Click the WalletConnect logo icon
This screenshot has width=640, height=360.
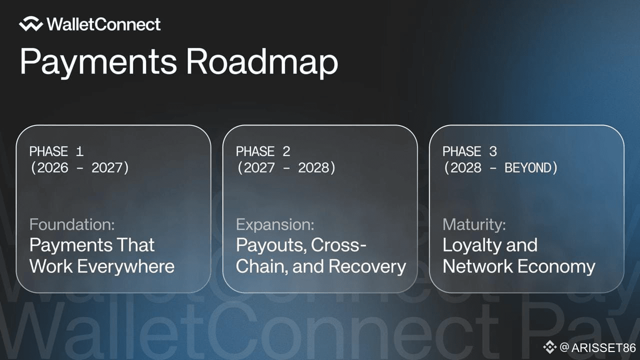(x=31, y=24)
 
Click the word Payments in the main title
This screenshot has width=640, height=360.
(x=98, y=62)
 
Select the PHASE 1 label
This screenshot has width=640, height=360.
(x=56, y=151)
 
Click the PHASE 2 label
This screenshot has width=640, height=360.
(x=263, y=151)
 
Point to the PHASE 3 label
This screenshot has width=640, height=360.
(x=469, y=151)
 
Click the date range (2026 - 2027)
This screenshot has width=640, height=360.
(x=79, y=167)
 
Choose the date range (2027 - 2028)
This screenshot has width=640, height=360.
(x=286, y=167)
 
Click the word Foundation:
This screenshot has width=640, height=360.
(x=72, y=224)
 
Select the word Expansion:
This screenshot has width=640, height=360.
(x=275, y=224)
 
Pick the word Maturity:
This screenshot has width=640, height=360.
(x=474, y=224)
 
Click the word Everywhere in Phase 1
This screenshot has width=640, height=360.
(x=125, y=267)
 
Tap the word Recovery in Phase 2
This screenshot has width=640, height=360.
(x=367, y=267)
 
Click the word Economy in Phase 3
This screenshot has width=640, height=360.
(x=556, y=267)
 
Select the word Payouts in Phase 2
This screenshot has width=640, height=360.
(x=271, y=245)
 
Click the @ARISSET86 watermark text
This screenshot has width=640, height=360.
(x=597, y=347)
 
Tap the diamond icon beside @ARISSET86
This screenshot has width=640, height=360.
(x=549, y=347)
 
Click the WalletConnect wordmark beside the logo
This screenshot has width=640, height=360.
(x=103, y=24)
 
